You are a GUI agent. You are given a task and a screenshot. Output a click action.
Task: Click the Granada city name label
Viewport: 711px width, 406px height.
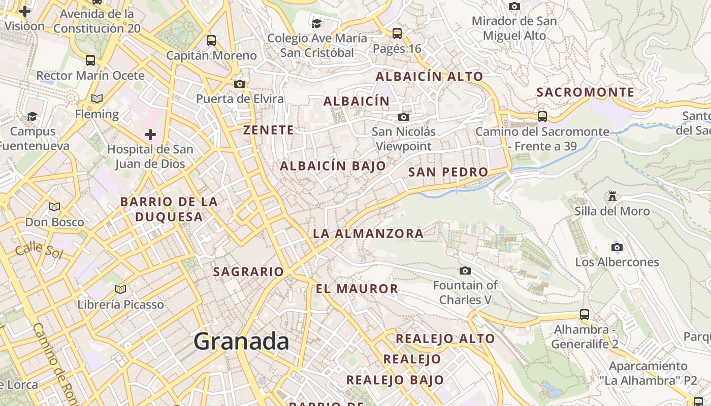241,341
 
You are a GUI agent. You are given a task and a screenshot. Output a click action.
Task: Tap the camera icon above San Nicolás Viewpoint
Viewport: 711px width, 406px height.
404,117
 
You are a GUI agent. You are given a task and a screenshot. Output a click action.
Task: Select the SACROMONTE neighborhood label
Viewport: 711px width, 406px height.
586,92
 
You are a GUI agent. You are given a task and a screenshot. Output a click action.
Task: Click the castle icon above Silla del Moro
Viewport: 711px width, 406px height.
612,196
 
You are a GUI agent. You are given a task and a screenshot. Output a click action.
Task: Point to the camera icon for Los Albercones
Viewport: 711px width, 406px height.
617,248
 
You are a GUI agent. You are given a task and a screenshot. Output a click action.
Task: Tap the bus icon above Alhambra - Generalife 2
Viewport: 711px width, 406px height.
585,315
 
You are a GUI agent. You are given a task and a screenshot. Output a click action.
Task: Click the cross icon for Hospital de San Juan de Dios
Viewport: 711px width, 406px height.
150,135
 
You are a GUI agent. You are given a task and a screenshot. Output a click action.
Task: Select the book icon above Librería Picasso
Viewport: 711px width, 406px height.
120,290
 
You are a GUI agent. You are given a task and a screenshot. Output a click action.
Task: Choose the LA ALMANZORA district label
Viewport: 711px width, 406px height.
368,233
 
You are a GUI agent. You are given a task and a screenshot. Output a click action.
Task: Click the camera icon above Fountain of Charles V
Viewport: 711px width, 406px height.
465,271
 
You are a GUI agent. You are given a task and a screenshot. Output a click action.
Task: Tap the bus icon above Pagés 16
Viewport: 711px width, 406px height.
397,33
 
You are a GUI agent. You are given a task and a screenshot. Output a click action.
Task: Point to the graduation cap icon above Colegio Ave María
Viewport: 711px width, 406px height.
317,23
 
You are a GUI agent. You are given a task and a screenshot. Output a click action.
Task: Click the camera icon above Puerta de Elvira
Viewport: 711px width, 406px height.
240,84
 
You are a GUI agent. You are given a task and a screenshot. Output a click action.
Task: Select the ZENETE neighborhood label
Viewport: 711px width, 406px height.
269,130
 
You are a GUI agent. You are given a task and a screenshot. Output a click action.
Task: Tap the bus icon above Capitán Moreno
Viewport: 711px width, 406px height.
211,41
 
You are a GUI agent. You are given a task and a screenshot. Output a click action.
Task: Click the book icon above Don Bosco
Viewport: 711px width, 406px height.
54,207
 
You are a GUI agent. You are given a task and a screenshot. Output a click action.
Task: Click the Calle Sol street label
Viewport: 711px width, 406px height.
39,251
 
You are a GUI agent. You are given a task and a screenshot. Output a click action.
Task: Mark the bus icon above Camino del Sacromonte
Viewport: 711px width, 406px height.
542,117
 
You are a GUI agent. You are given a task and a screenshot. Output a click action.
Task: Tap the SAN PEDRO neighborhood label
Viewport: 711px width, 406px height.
448,172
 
